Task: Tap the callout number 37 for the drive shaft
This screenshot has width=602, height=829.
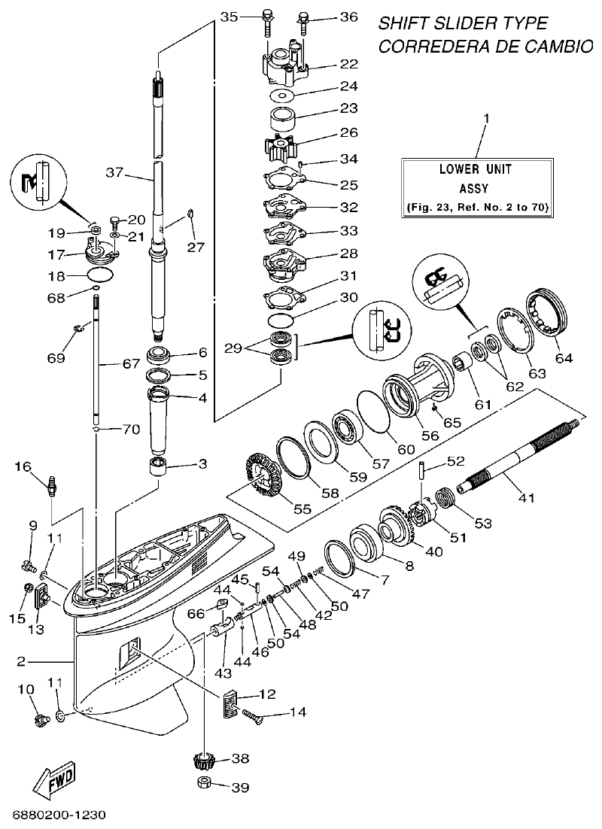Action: (114, 172)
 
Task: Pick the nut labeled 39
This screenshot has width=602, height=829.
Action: (203, 786)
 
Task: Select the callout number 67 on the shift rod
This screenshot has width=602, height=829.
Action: (132, 364)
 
